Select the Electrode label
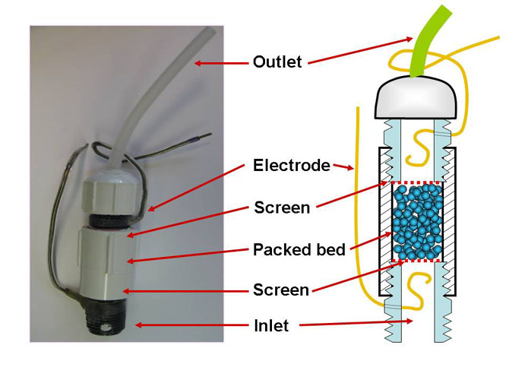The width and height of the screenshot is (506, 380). [x=292, y=165]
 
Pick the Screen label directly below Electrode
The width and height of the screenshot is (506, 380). [x=282, y=207]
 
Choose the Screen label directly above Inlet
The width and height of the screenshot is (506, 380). [x=282, y=290]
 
